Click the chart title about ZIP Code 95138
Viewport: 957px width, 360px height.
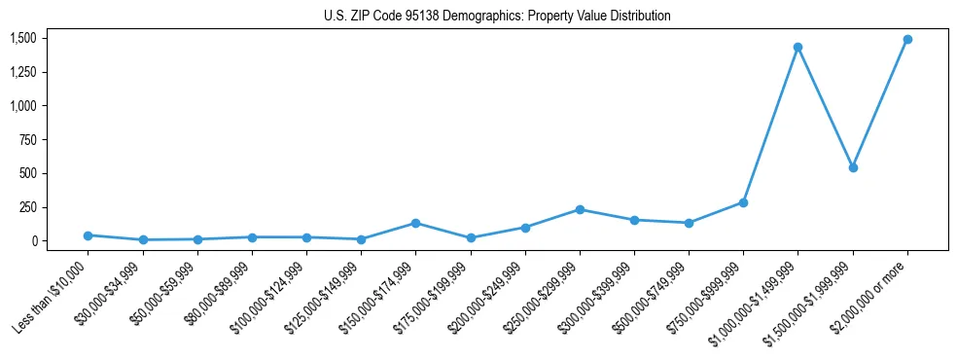pyautogui.click(x=497, y=16)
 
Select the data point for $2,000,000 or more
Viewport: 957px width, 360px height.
pyautogui.click(x=907, y=40)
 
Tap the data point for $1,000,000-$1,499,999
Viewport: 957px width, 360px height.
pyautogui.click(x=797, y=48)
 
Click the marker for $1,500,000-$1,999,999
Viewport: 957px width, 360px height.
pyautogui.click(x=853, y=167)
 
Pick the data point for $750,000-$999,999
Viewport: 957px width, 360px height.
pyautogui.click(x=743, y=202)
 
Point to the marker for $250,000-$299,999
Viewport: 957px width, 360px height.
pyautogui.click(x=580, y=209)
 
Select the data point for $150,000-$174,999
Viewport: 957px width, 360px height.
pyautogui.click(x=416, y=223)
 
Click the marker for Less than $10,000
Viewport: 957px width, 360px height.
pyautogui.click(x=89, y=235)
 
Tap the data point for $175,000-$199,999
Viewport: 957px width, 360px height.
pyautogui.click(x=471, y=237)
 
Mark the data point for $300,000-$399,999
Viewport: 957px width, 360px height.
pyautogui.click(x=634, y=220)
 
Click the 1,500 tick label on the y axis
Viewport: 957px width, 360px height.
pyautogui.click(x=23, y=38)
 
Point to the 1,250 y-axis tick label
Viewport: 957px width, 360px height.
pyautogui.click(x=23, y=72)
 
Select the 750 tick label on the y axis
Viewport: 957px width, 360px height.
pyautogui.click(x=28, y=139)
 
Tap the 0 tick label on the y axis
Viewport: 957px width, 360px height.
pyautogui.click(x=34, y=240)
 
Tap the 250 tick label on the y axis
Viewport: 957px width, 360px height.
pyautogui.click(x=28, y=207)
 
